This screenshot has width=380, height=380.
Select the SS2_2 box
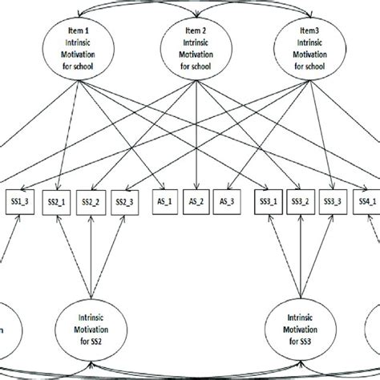[91, 203]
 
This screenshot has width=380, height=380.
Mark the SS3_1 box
[267, 203]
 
